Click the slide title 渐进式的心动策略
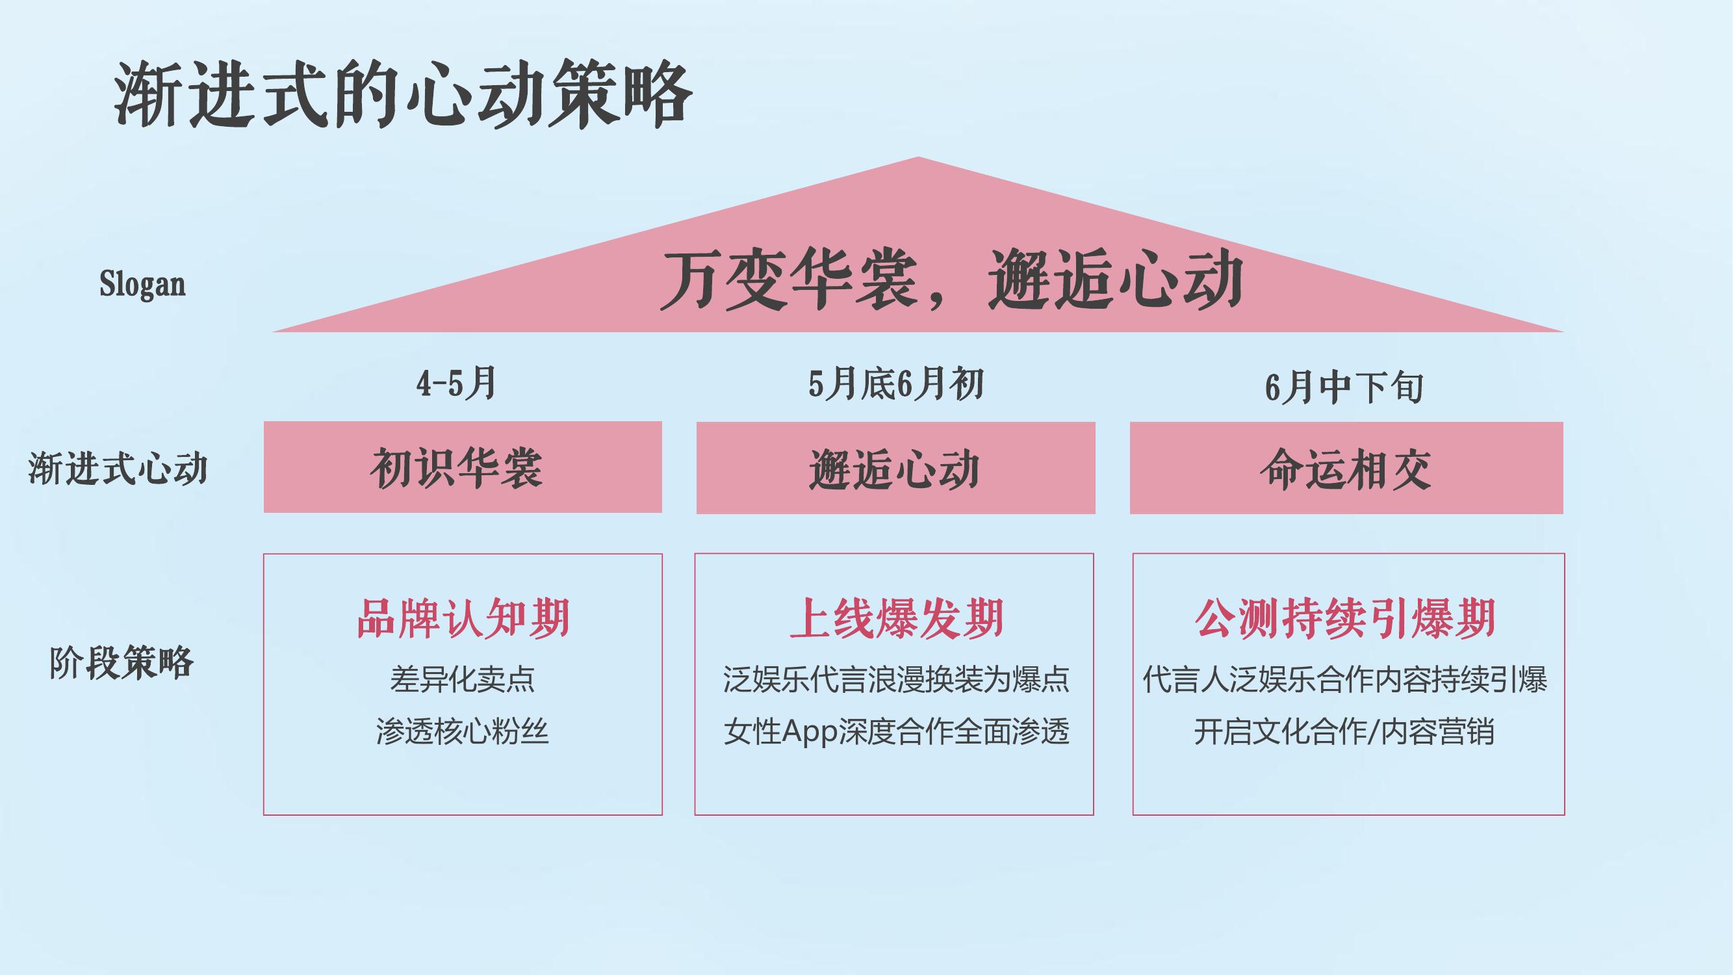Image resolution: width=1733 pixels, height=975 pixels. (402, 94)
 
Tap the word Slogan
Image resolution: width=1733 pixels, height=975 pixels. (142, 284)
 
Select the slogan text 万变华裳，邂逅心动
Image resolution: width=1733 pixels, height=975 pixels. (951, 279)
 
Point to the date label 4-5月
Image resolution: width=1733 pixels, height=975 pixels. (456, 383)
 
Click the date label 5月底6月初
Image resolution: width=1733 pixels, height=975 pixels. (896, 385)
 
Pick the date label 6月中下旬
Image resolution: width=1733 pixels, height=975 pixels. (1344, 387)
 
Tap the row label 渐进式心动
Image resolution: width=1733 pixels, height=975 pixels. (118, 468)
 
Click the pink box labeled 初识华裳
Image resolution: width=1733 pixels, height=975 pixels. (463, 467)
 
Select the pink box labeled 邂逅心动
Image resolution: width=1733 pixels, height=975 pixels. (895, 468)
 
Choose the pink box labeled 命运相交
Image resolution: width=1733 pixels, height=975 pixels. (1346, 468)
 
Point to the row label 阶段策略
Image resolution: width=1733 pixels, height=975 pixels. (121, 663)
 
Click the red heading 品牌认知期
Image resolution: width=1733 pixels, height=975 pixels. (463, 617)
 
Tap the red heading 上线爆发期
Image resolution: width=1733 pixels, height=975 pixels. (897, 617)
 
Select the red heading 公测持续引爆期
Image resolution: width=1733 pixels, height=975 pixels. (1346, 617)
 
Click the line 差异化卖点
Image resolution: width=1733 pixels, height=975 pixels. (463, 680)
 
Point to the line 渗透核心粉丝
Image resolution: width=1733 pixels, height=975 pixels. (463, 731)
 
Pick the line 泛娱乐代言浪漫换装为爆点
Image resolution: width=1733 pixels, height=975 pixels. (896, 680)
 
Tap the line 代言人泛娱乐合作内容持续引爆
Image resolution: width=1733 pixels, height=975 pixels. (1346, 680)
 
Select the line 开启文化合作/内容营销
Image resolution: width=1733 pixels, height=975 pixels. (1344, 731)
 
